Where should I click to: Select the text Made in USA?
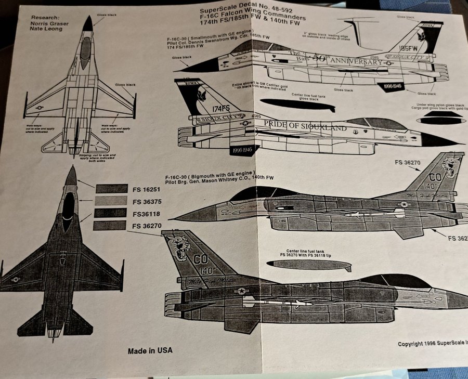[150, 351]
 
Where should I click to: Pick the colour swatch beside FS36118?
[111, 213]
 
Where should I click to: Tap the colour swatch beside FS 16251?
[111, 189]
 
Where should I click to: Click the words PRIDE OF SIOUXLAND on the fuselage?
[298, 125]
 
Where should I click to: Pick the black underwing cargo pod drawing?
[439, 120]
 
